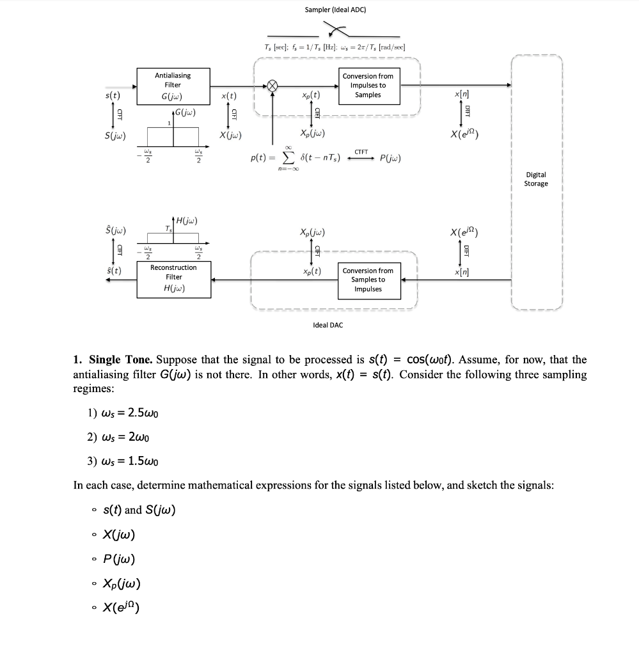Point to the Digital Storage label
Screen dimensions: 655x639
tap(535, 179)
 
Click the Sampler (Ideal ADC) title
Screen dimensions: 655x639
tap(335, 10)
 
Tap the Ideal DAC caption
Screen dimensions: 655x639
tap(327, 325)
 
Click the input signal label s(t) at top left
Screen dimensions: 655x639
tap(113, 95)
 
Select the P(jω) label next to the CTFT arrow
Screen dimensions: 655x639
tap(391, 158)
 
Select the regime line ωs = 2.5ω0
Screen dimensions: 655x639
tap(123, 413)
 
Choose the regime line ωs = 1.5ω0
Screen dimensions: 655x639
tap(123, 461)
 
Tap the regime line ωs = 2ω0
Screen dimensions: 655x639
tap(118, 437)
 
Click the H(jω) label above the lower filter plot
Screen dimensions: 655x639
tap(185, 221)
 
